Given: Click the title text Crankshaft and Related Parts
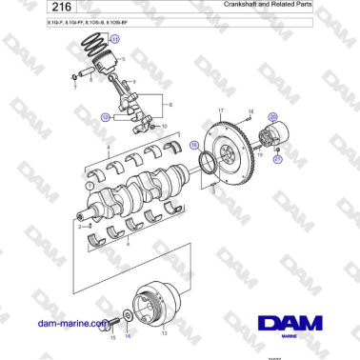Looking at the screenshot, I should click(280, 6).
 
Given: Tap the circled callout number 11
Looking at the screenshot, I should click(114, 40).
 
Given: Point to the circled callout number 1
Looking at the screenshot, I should click(90, 188).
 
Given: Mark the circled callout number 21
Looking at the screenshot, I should click(277, 160).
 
